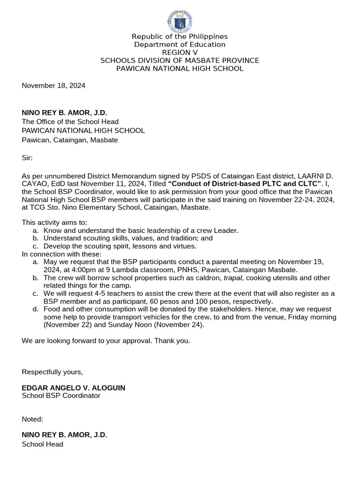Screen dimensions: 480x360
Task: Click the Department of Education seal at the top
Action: click(x=180, y=22)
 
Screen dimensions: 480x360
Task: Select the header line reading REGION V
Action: click(x=180, y=52)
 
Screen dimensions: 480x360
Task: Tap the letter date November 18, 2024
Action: click(x=53, y=85)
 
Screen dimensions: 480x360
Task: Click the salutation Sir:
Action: click(x=27, y=158)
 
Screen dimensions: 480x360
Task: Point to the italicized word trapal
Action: click(x=232, y=277)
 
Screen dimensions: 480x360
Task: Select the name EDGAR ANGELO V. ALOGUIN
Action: click(x=73, y=388)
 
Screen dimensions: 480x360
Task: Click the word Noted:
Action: click(x=32, y=419)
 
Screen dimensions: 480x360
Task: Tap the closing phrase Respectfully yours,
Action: click(x=52, y=372)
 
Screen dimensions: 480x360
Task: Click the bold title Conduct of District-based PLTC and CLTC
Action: click(x=246, y=184)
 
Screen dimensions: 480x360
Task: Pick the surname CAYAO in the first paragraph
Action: click(x=34, y=184)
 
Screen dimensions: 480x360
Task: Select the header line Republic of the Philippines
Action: click(x=180, y=37)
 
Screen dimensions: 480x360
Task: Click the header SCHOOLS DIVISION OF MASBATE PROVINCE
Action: click(x=180, y=60)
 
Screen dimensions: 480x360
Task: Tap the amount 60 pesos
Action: click(x=163, y=301)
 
